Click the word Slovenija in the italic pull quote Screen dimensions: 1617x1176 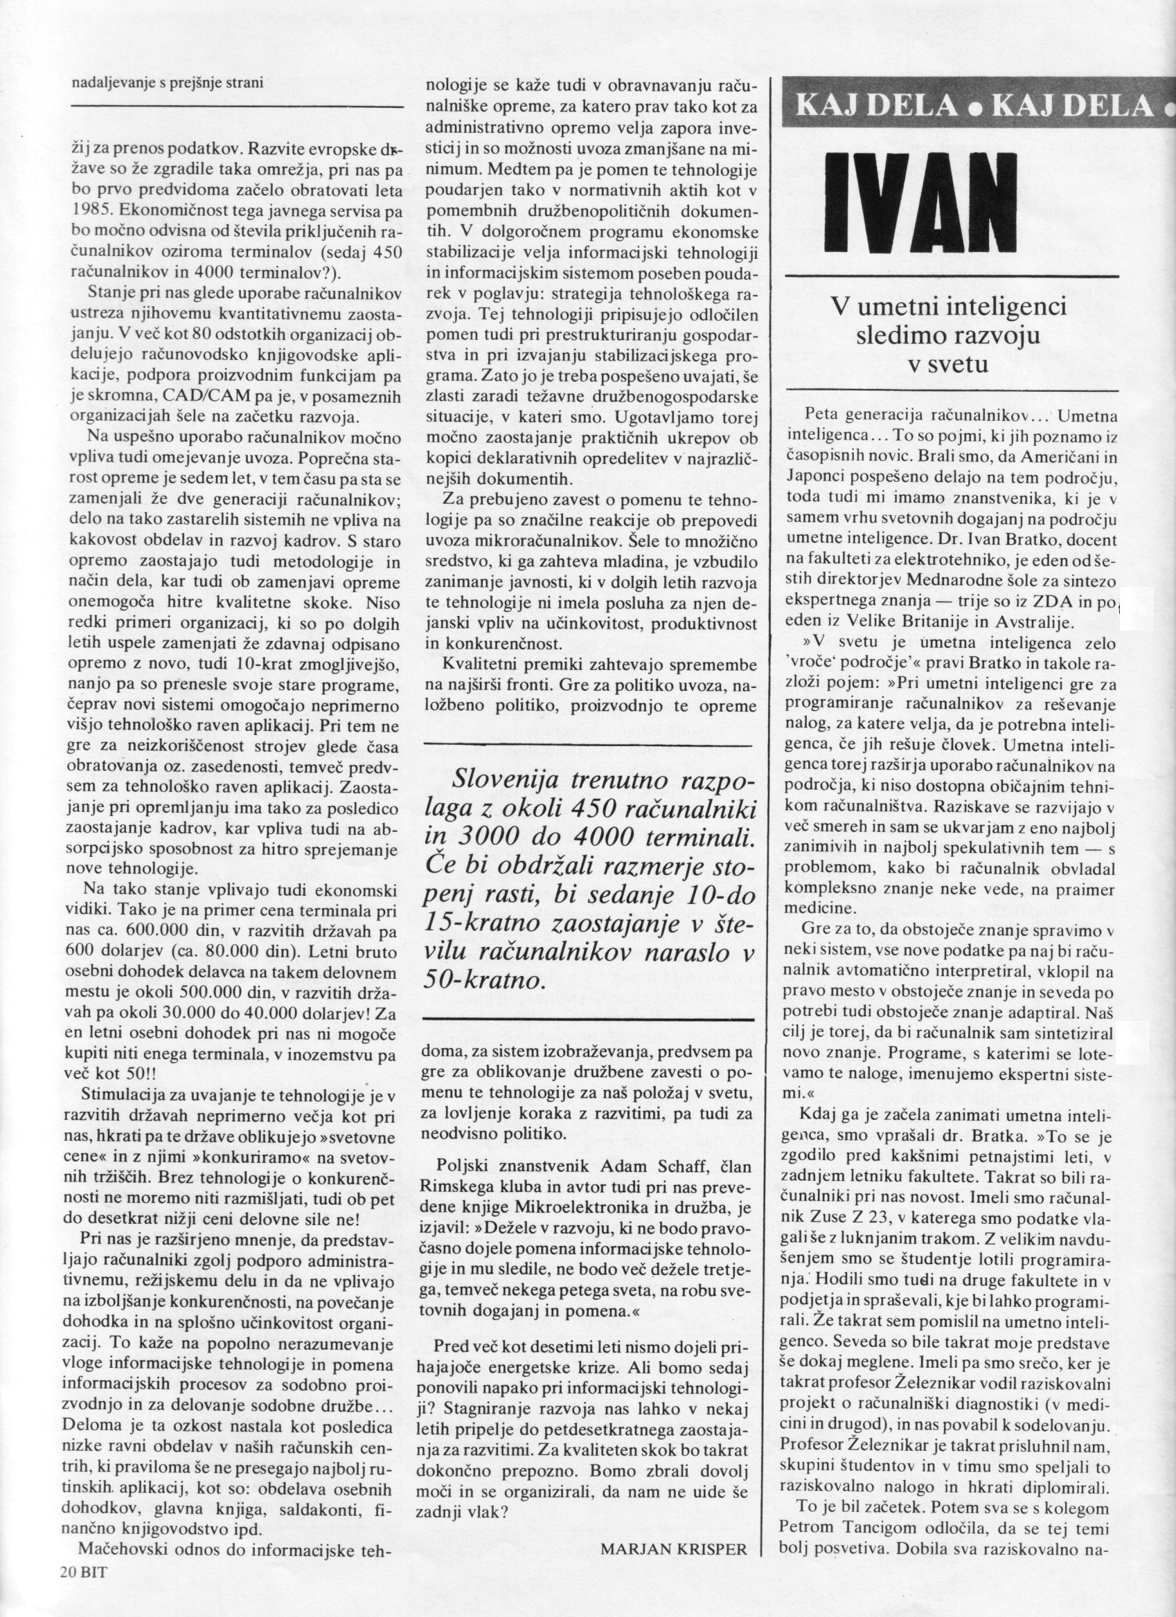[505, 784]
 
